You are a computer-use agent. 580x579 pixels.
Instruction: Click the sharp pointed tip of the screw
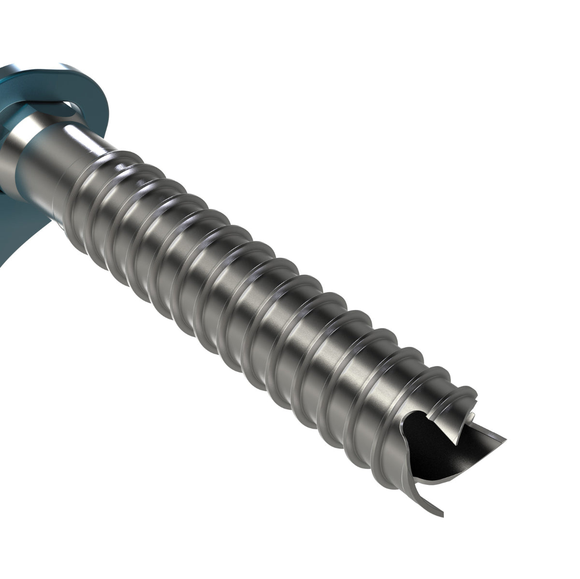pyautogui.click(x=504, y=440)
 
